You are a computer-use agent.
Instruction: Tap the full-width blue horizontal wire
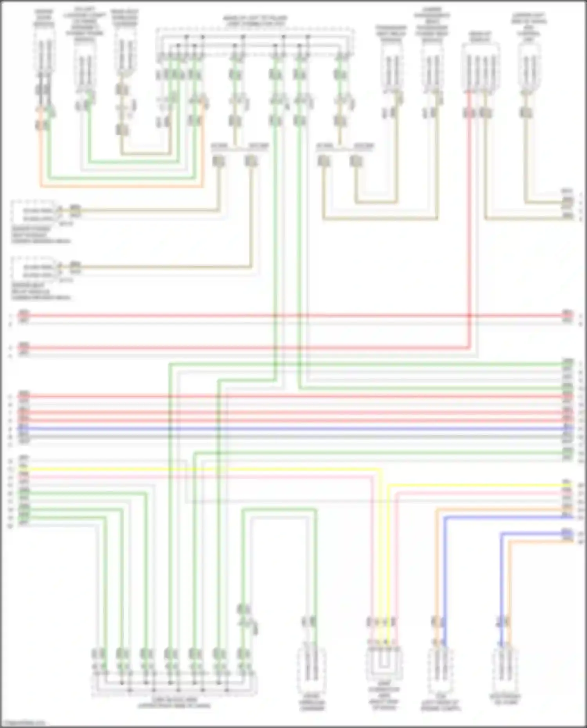point(293,429)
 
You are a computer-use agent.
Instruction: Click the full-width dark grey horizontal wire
point(293,437)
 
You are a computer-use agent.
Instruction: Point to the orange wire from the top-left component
point(117,187)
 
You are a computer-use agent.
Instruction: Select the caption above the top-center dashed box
point(255,21)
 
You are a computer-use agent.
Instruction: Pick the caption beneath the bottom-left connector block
point(174,703)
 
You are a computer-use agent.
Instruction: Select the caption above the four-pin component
point(480,37)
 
